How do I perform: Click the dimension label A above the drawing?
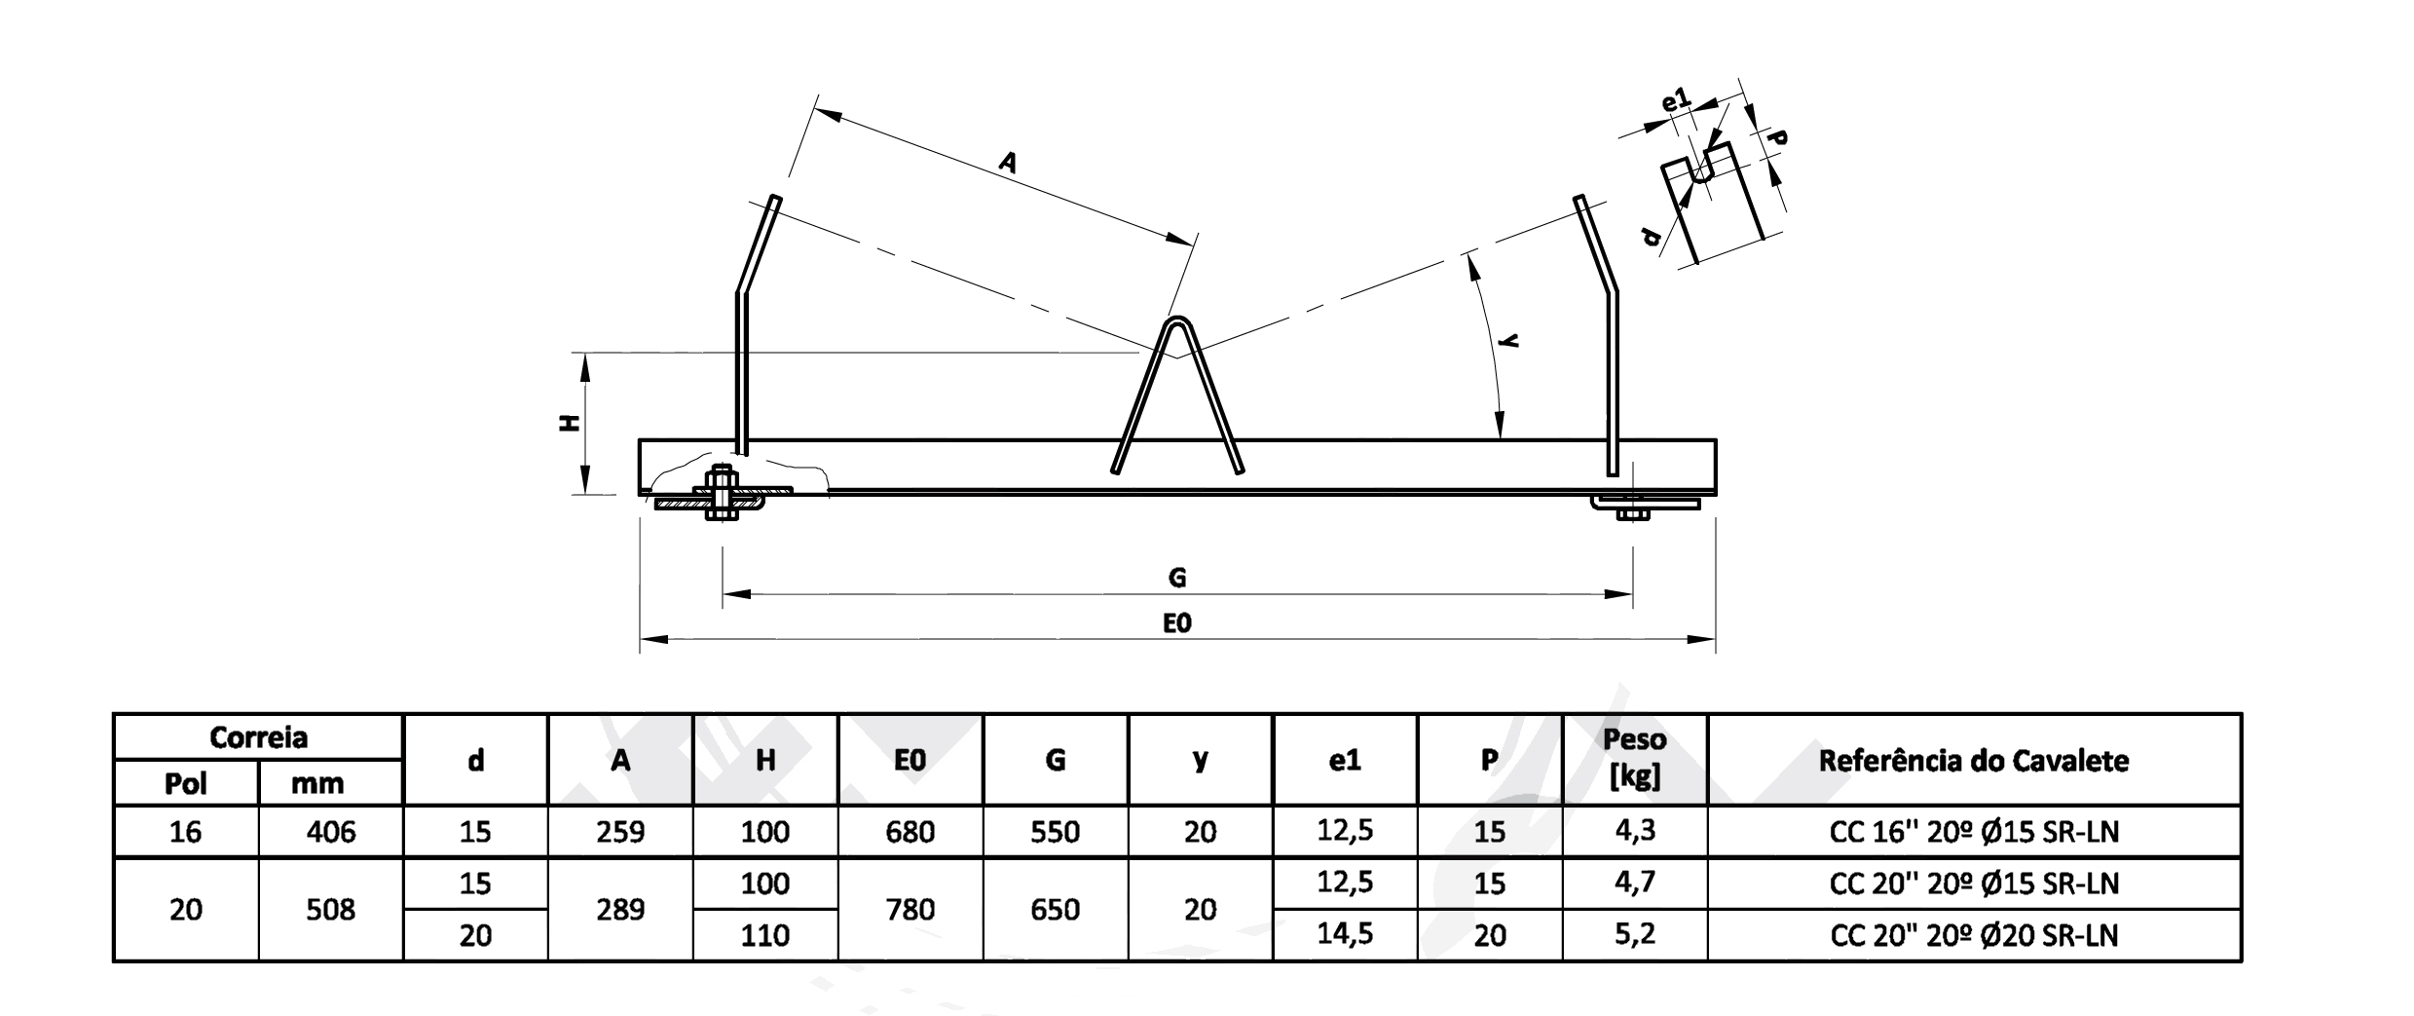[1008, 162]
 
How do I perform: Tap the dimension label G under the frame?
[1177, 578]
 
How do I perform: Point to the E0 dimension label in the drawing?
[1177, 622]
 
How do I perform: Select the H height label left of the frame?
[571, 423]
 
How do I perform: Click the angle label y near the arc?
[1510, 340]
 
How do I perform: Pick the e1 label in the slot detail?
[1676, 100]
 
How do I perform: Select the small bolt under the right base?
[1632, 511]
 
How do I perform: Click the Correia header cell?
[258, 737]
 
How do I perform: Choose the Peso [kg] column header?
[1635, 758]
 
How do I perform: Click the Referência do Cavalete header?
[1974, 760]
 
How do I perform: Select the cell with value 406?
[331, 832]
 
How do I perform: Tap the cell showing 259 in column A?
[620, 832]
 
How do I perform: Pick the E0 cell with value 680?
[910, 832]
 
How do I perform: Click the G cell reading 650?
[1055, 910]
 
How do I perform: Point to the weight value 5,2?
[1635, 935]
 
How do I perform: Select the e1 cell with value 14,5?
[1345, 935]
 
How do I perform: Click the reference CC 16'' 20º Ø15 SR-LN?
[1974, 832]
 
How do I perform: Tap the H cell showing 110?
[765, 936]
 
